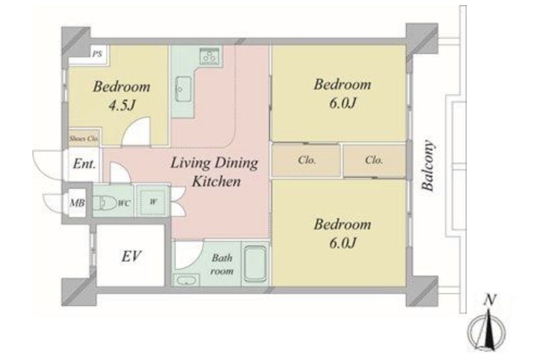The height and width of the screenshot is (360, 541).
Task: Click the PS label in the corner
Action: [x=97, y=54]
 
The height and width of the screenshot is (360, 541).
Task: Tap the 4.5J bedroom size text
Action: [x=121, y=105]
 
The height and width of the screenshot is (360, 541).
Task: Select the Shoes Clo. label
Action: [x=84, y=139]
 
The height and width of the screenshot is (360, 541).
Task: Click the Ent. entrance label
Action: [x=84, y=163]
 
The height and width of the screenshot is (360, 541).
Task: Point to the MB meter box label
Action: [x=77, y=203]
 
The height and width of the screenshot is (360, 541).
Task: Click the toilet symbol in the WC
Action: [x=105, y=203]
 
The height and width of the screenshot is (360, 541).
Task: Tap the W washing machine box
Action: [x=153, y=202]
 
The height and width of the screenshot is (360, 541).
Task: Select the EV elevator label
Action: [x=131, y=256]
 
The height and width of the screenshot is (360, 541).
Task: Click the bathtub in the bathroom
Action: [x=255, y=263]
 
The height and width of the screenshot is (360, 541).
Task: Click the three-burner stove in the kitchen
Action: [x=209, y=56]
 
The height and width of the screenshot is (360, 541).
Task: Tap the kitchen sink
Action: [x=183, y=89]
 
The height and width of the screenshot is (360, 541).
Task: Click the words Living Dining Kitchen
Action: [x=215, y=172]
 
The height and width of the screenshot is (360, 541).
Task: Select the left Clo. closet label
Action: [x=307, y=160]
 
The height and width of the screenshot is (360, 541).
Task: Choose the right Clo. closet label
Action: [x=374, y=160]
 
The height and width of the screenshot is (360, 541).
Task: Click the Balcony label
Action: [x=428, y=166]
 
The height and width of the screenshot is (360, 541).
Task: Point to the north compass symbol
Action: [x=487, y=328]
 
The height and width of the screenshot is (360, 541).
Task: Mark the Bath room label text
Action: [x=222, y=264]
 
